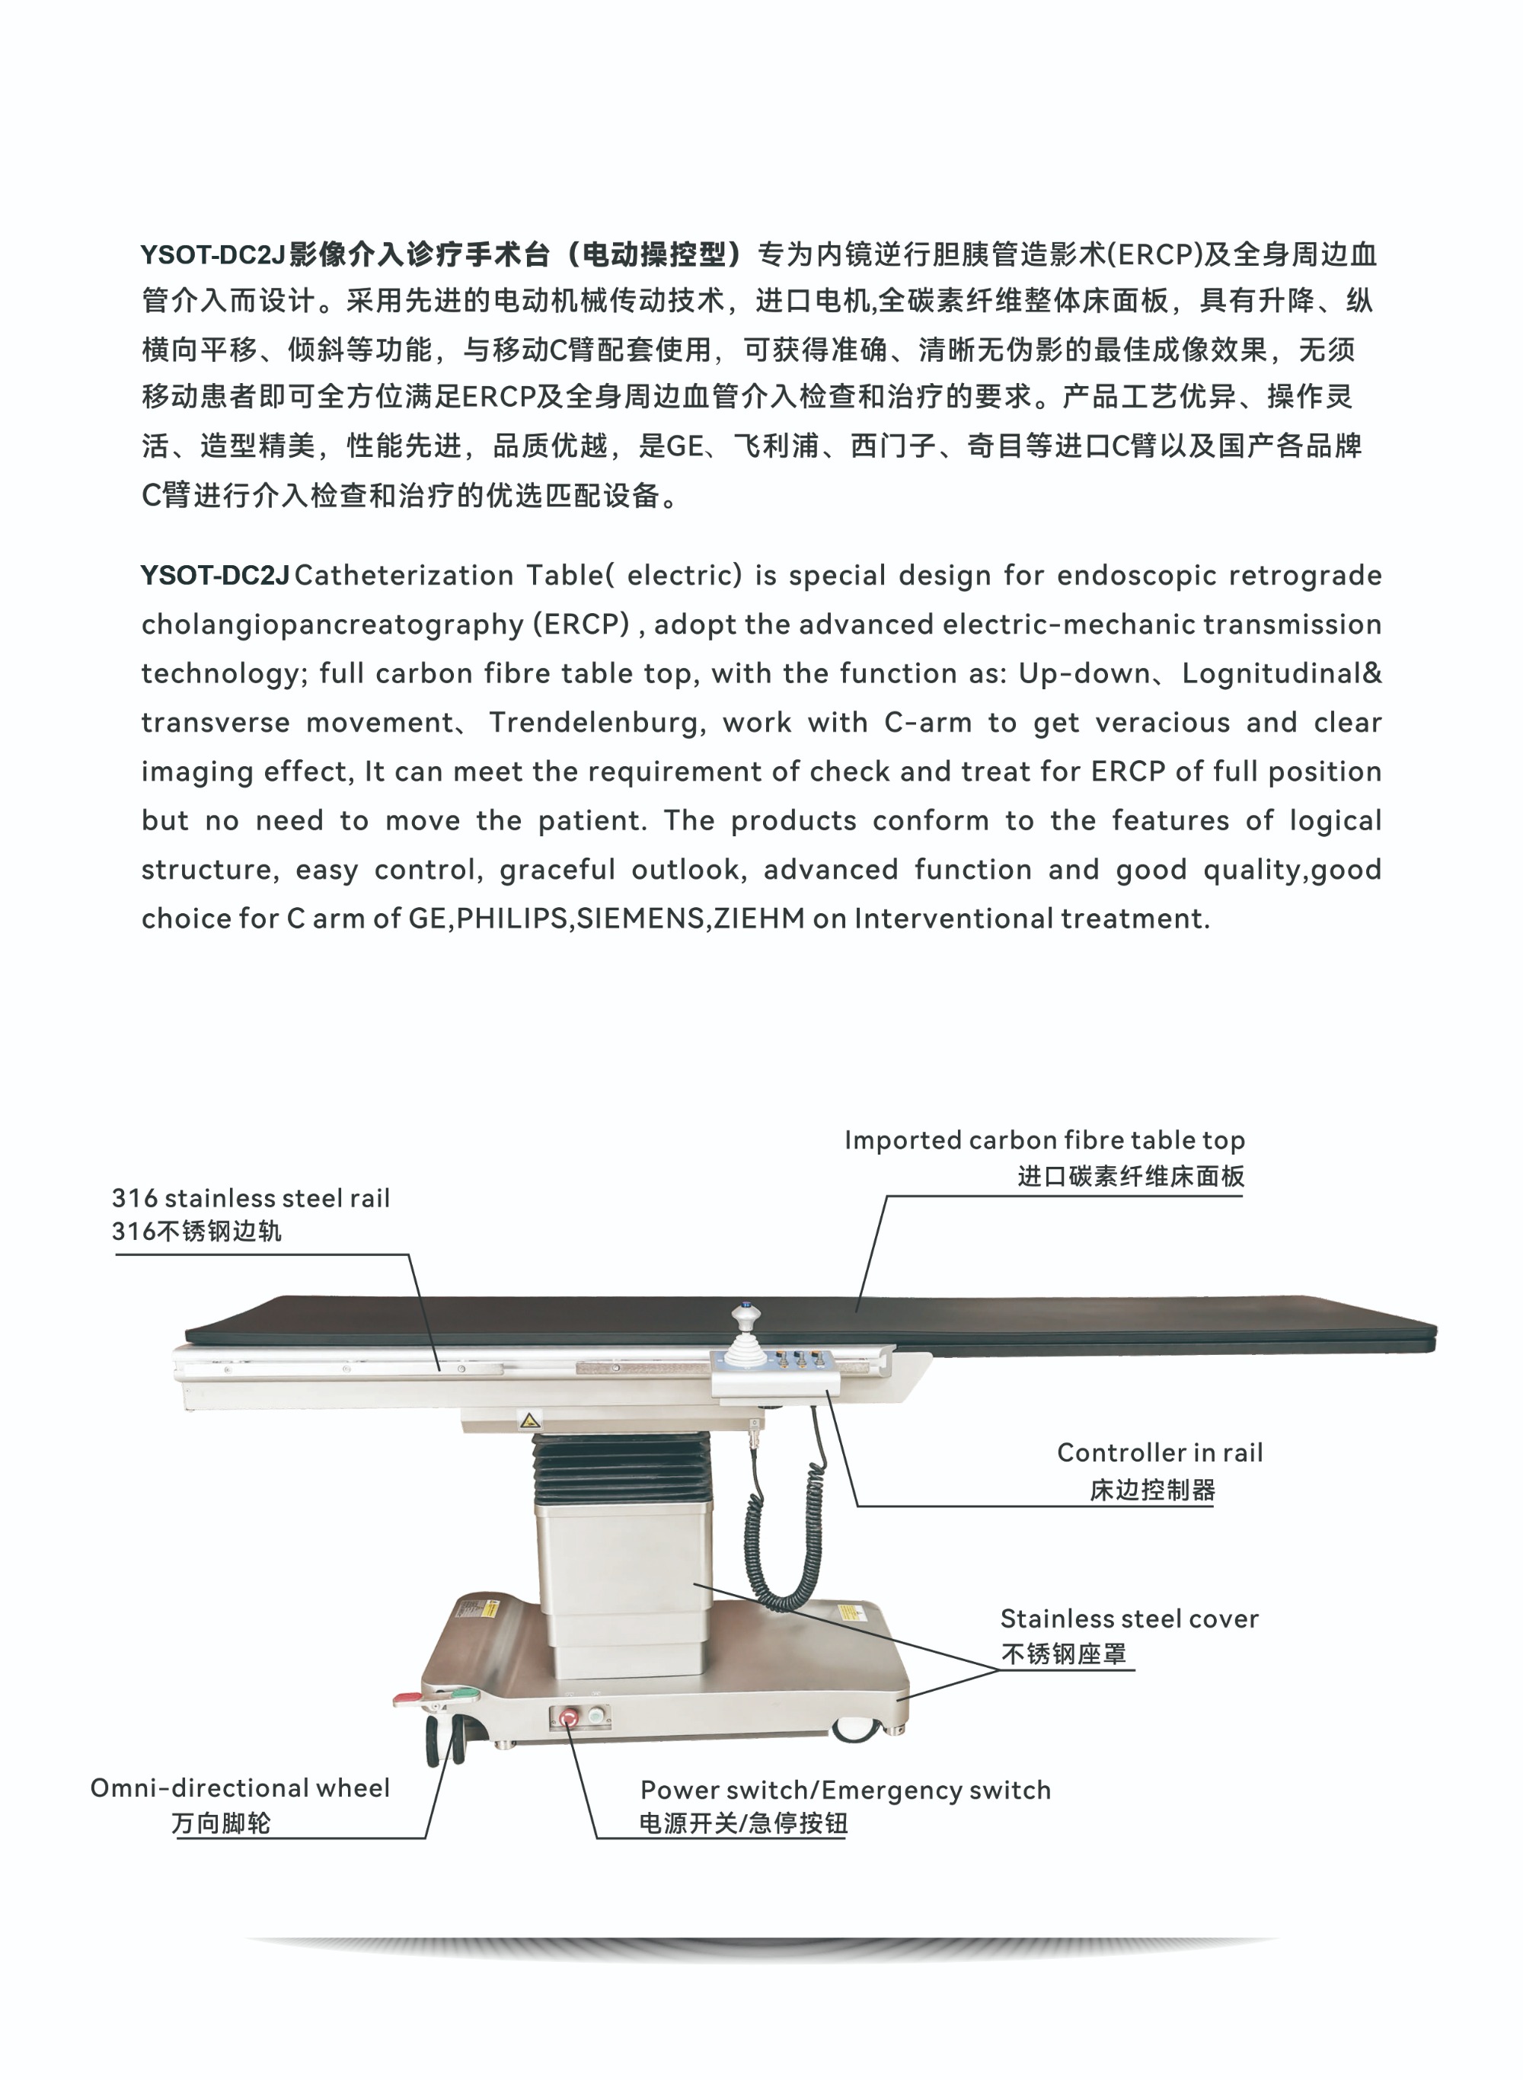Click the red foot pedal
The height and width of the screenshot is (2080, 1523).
[406, 1698]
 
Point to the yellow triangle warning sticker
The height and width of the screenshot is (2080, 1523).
[530, 1420]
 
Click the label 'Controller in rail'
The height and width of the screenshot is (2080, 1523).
[1159, 1453]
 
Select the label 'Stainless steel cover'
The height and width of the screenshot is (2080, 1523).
[1129, 1618]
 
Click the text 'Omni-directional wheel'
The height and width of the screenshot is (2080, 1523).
[240, 1788]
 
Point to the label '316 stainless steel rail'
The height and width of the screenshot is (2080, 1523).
[251, 1198]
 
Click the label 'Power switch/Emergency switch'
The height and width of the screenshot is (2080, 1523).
[845, 1790]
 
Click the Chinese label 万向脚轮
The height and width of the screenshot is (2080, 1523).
[222, 1823]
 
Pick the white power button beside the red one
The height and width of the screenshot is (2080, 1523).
[595, 1717]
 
